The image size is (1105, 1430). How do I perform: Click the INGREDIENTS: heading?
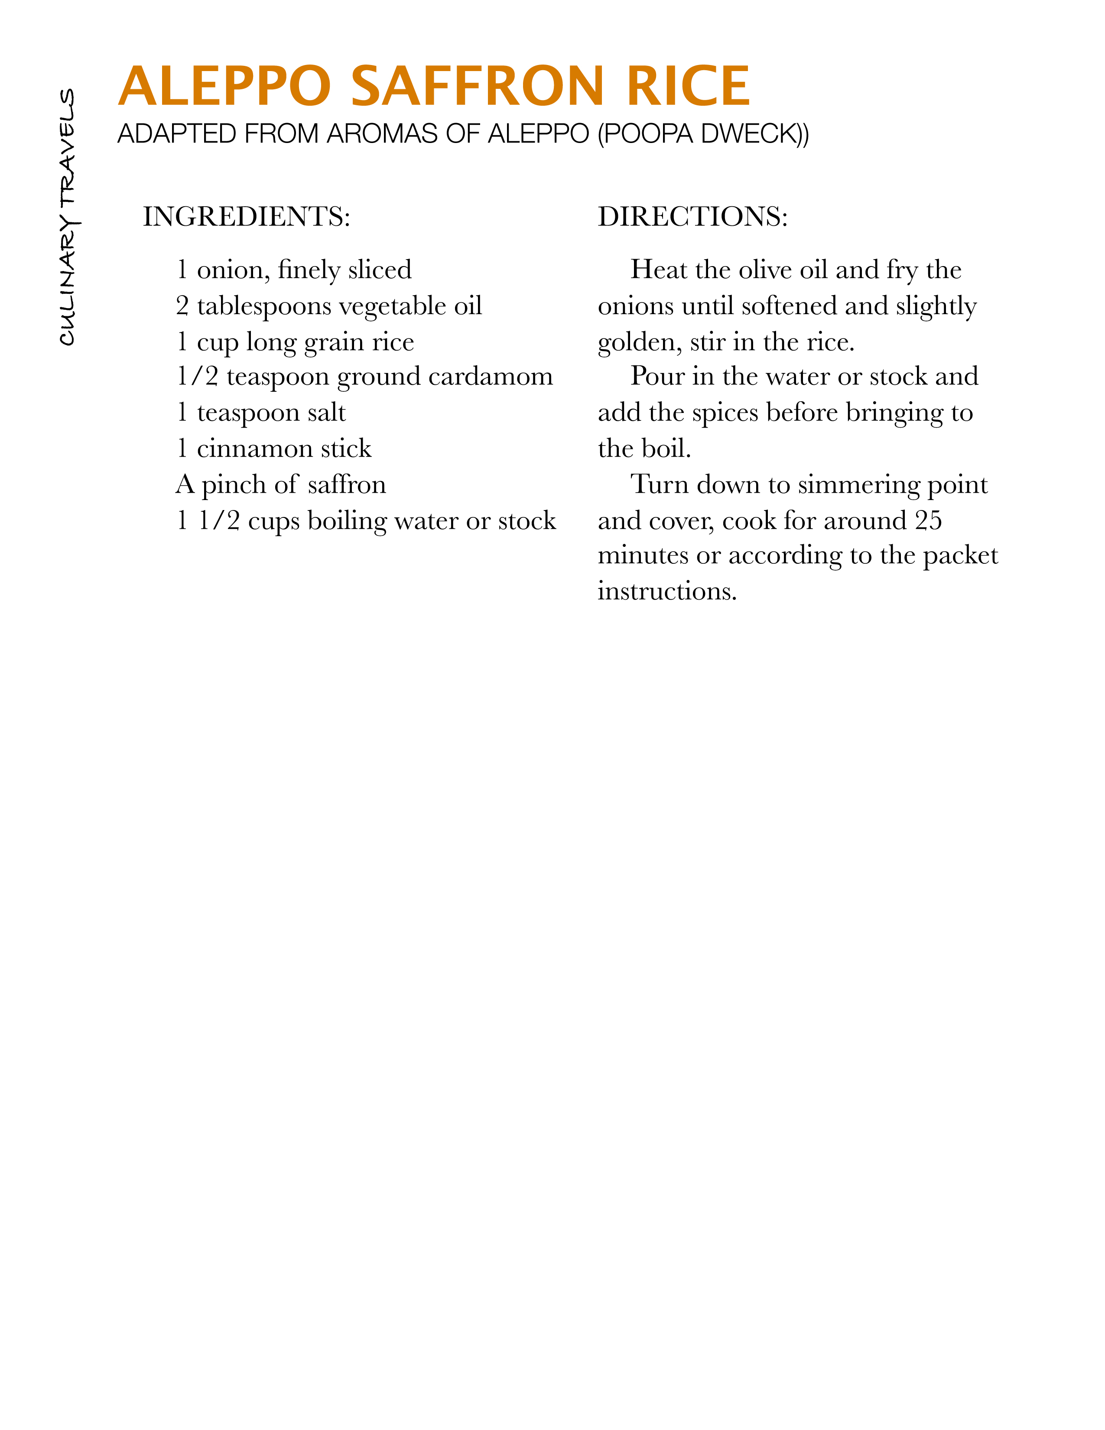tap(247, 217)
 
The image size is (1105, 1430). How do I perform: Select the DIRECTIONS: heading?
tap(692, 217)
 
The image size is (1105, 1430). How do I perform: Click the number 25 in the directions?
tap(928, 520)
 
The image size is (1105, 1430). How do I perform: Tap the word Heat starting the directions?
tap(659, 270)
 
